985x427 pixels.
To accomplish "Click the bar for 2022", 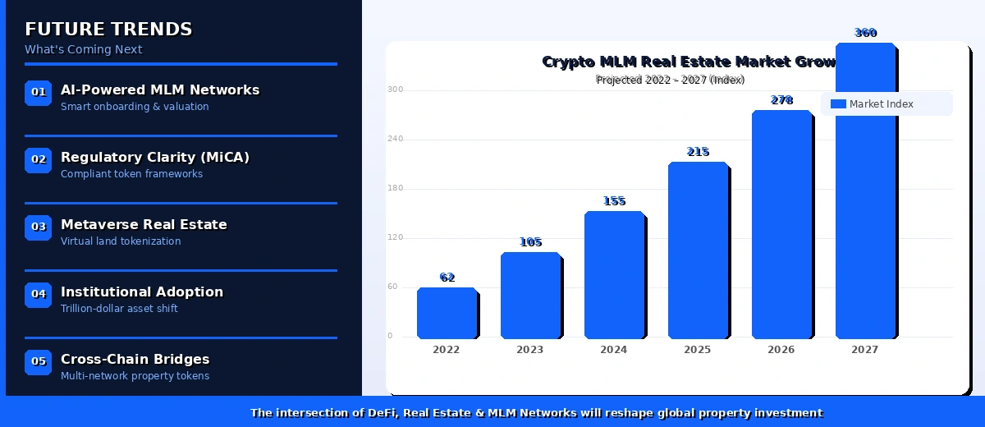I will coord(447,313).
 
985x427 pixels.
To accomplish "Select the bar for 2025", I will coord(698,250).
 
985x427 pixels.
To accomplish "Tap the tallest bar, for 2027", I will coord(865,191).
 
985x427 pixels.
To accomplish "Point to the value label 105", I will coord(531,242).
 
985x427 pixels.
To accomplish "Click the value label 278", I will coord(782,100).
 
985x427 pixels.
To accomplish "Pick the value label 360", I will coord(866,33).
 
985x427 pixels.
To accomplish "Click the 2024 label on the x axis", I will coord(614,350).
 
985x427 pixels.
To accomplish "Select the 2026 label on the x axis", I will coord(781,350).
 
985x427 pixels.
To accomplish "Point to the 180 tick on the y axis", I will coord(396,188).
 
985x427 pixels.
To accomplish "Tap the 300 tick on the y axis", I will coord(396,90).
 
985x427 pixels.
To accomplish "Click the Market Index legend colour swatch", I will coord(838,104).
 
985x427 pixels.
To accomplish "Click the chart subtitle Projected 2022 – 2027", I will coord(670,80).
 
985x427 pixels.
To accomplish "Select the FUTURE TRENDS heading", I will coord(108,30).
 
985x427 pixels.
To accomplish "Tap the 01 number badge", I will coord(39,93).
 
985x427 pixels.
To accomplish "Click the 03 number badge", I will coord(39,227).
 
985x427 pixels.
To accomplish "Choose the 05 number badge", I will coord(39,362).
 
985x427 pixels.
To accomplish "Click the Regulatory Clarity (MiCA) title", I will coord(155,157).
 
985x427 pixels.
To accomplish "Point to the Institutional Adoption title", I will coord(142,292).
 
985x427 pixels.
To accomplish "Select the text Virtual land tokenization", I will coord(121,241).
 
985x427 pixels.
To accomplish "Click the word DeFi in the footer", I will coord(378,413).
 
